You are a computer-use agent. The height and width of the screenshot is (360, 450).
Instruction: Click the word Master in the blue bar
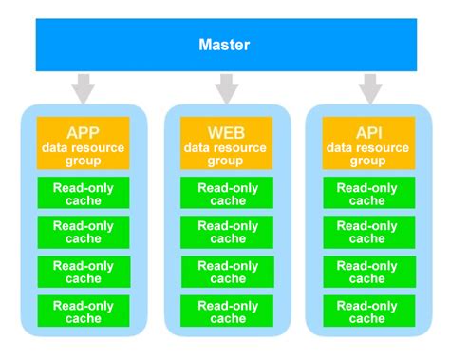[224, 45]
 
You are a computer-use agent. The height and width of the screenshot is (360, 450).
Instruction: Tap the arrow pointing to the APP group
[83, 90]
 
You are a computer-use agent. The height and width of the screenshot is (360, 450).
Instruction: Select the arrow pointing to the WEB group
[226, 90]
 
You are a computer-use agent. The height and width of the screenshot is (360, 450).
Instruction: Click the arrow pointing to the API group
[368, 90]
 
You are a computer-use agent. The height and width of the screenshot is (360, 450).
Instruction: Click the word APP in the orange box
[83, 131]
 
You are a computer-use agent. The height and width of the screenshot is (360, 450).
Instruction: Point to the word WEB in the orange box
[226, 131]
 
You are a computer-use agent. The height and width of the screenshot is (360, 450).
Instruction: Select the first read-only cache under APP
[83, 193]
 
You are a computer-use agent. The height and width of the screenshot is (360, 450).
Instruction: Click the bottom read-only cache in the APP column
[83, 312]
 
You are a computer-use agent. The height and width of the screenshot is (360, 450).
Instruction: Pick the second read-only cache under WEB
[226, 233]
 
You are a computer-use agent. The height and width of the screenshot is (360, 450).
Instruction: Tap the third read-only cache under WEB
[226, 272]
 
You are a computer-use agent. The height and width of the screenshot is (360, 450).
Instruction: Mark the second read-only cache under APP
[83, 233]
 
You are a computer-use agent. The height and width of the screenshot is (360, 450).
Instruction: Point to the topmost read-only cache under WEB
[226, 193]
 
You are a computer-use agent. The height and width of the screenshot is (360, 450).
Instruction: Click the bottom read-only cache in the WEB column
[226, 312]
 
